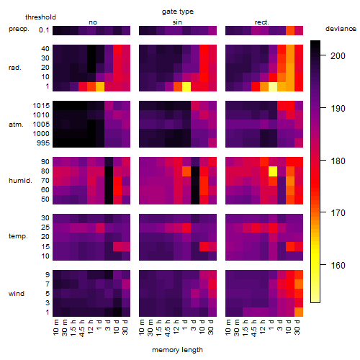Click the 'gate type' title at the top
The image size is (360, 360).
tap(178, 12)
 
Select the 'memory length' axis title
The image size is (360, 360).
tap(177, 350)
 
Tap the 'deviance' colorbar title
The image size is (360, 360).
tap(341, 29)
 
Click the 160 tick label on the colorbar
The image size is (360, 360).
tap(338, 266)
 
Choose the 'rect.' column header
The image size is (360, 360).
tap(262, 22)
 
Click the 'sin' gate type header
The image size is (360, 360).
tap(177, 22)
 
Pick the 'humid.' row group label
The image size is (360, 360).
tap(20, 181)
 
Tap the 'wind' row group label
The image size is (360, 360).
tap(17, 294)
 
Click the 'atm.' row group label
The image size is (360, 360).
tap(16, 125)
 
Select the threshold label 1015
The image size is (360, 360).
tap(41, 106)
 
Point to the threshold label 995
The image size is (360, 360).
tap(43, 143)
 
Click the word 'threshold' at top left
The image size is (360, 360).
tap(40, 17)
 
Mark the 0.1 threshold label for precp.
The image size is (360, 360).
tap(44, 30)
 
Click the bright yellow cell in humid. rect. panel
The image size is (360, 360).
tap(273, 171)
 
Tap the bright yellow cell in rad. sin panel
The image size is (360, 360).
tap(186, 86)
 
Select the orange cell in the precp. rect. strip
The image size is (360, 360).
tap(290, 30)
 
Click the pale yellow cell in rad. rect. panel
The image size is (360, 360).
tap(273, 86)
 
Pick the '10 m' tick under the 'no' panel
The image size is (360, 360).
tap(56, 328)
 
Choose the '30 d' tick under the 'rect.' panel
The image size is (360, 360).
tap(297, 328)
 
